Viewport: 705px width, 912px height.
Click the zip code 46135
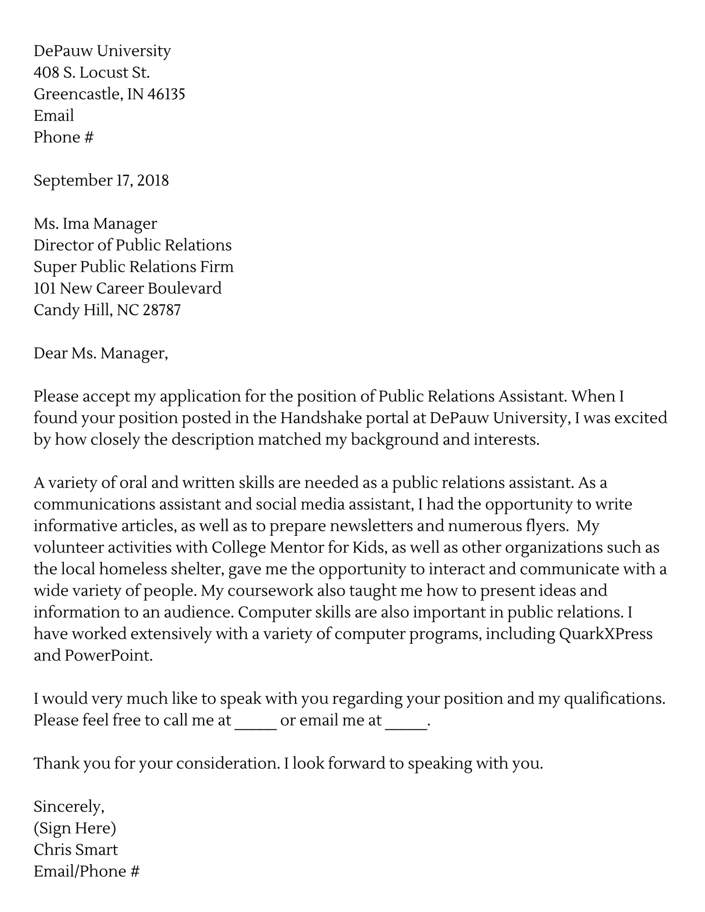pyautogui.click(x=166, y=94)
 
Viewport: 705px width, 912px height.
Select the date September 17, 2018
pyautogui.click(x=101, y=180)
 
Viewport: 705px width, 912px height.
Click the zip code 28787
pyautogui.click(x=162, y=310)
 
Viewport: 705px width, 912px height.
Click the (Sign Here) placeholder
pyautogui.click(x=75, y=828)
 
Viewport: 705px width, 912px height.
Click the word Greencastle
pyautogui.click(x=78, y=94)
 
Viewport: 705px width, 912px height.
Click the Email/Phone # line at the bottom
pyautogui.click(x=87, y=871)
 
